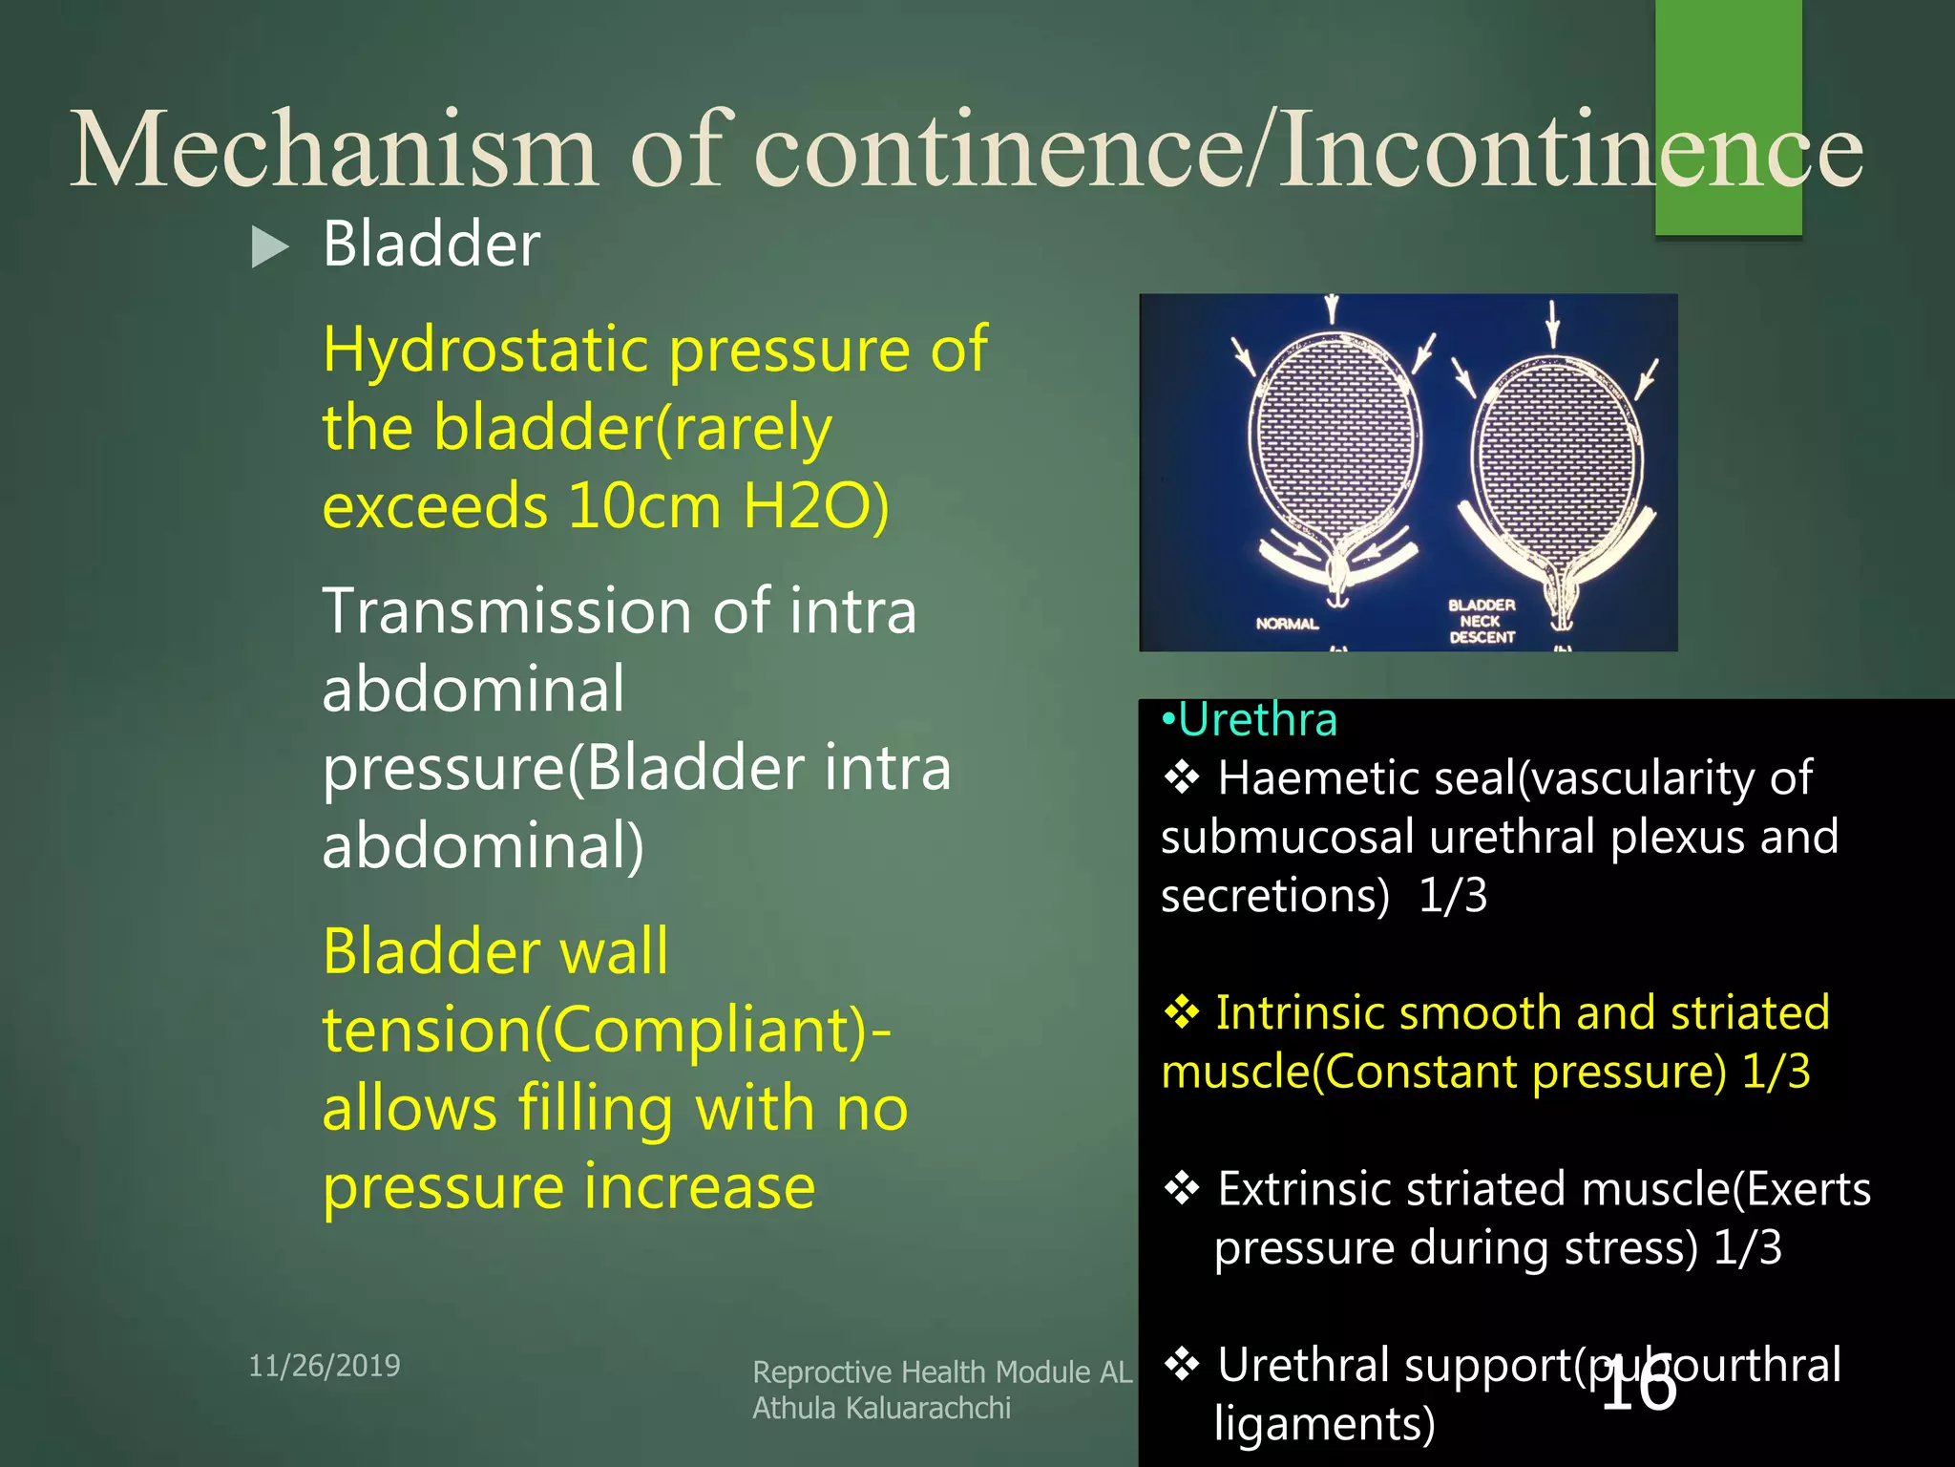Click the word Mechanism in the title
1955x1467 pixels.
[x=334, y=150]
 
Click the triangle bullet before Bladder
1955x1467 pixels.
[x=269, y=247]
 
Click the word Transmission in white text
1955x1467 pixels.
[x=506, y=611]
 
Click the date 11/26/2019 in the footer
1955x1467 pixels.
[x=325, y=1366]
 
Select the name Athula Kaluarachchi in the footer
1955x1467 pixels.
[x=881, y=1408]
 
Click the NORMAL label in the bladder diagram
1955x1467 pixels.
[x=1287, y=624]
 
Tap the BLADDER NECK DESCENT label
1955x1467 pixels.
[x=1482, y=621]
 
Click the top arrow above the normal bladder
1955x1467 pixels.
[x=1332, y=310]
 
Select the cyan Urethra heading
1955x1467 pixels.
[x=1256, y=719]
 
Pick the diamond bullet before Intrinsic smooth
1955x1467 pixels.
[x=1182, y=1012]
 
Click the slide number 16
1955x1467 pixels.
[x=1638, y=1386]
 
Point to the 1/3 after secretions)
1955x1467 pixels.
[x=1453, y=896]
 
